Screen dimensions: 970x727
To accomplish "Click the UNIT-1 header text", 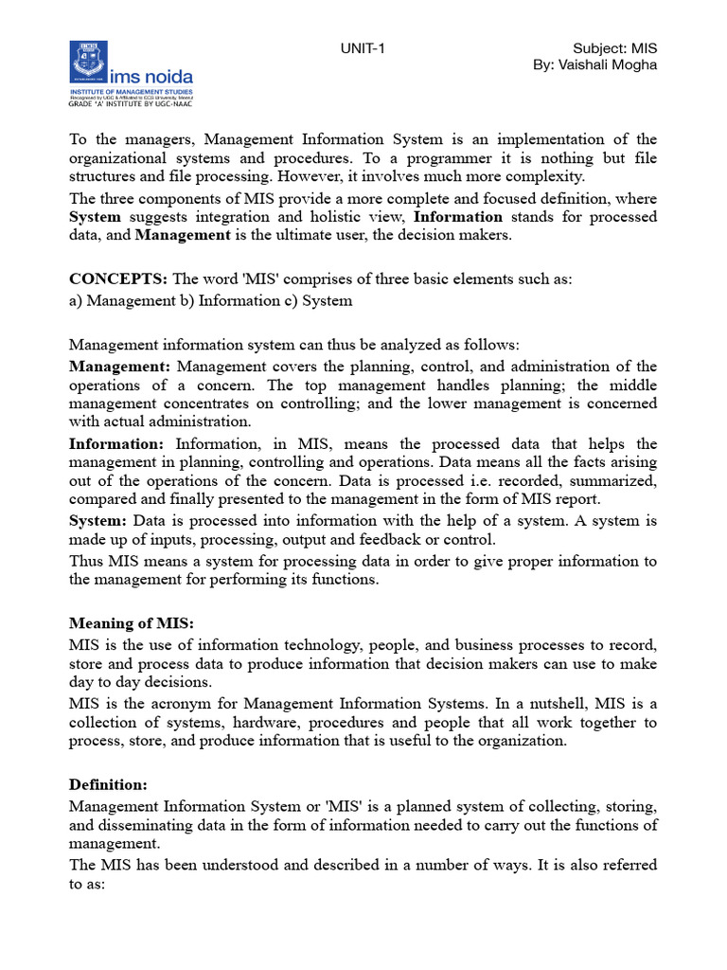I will (x=363, y=49).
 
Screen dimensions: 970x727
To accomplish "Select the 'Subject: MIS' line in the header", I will (x=615, y=48).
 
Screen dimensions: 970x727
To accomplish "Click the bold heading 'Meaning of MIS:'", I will (x=132, y=623).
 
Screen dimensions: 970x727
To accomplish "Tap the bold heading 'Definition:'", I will (x=106, y=784).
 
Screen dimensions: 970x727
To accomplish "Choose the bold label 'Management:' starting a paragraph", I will (x=120, y=367).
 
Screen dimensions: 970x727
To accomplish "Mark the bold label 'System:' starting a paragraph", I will (x=98, y=521).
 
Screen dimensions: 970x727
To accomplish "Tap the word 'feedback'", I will (x=392, y=540).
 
